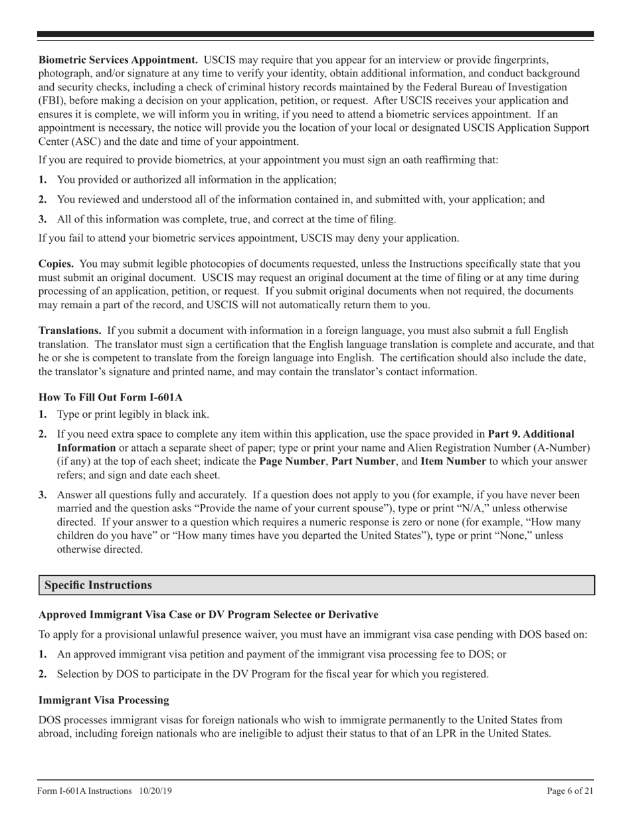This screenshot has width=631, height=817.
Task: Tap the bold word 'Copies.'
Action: [56, 264]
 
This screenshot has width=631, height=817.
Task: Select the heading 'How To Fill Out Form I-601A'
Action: [110, 397]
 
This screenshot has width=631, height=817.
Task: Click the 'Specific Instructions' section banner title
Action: [98, 585]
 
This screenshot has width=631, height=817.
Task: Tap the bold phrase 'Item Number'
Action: [453, 461]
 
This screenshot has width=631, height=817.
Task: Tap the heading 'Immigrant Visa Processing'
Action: [104, 700]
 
